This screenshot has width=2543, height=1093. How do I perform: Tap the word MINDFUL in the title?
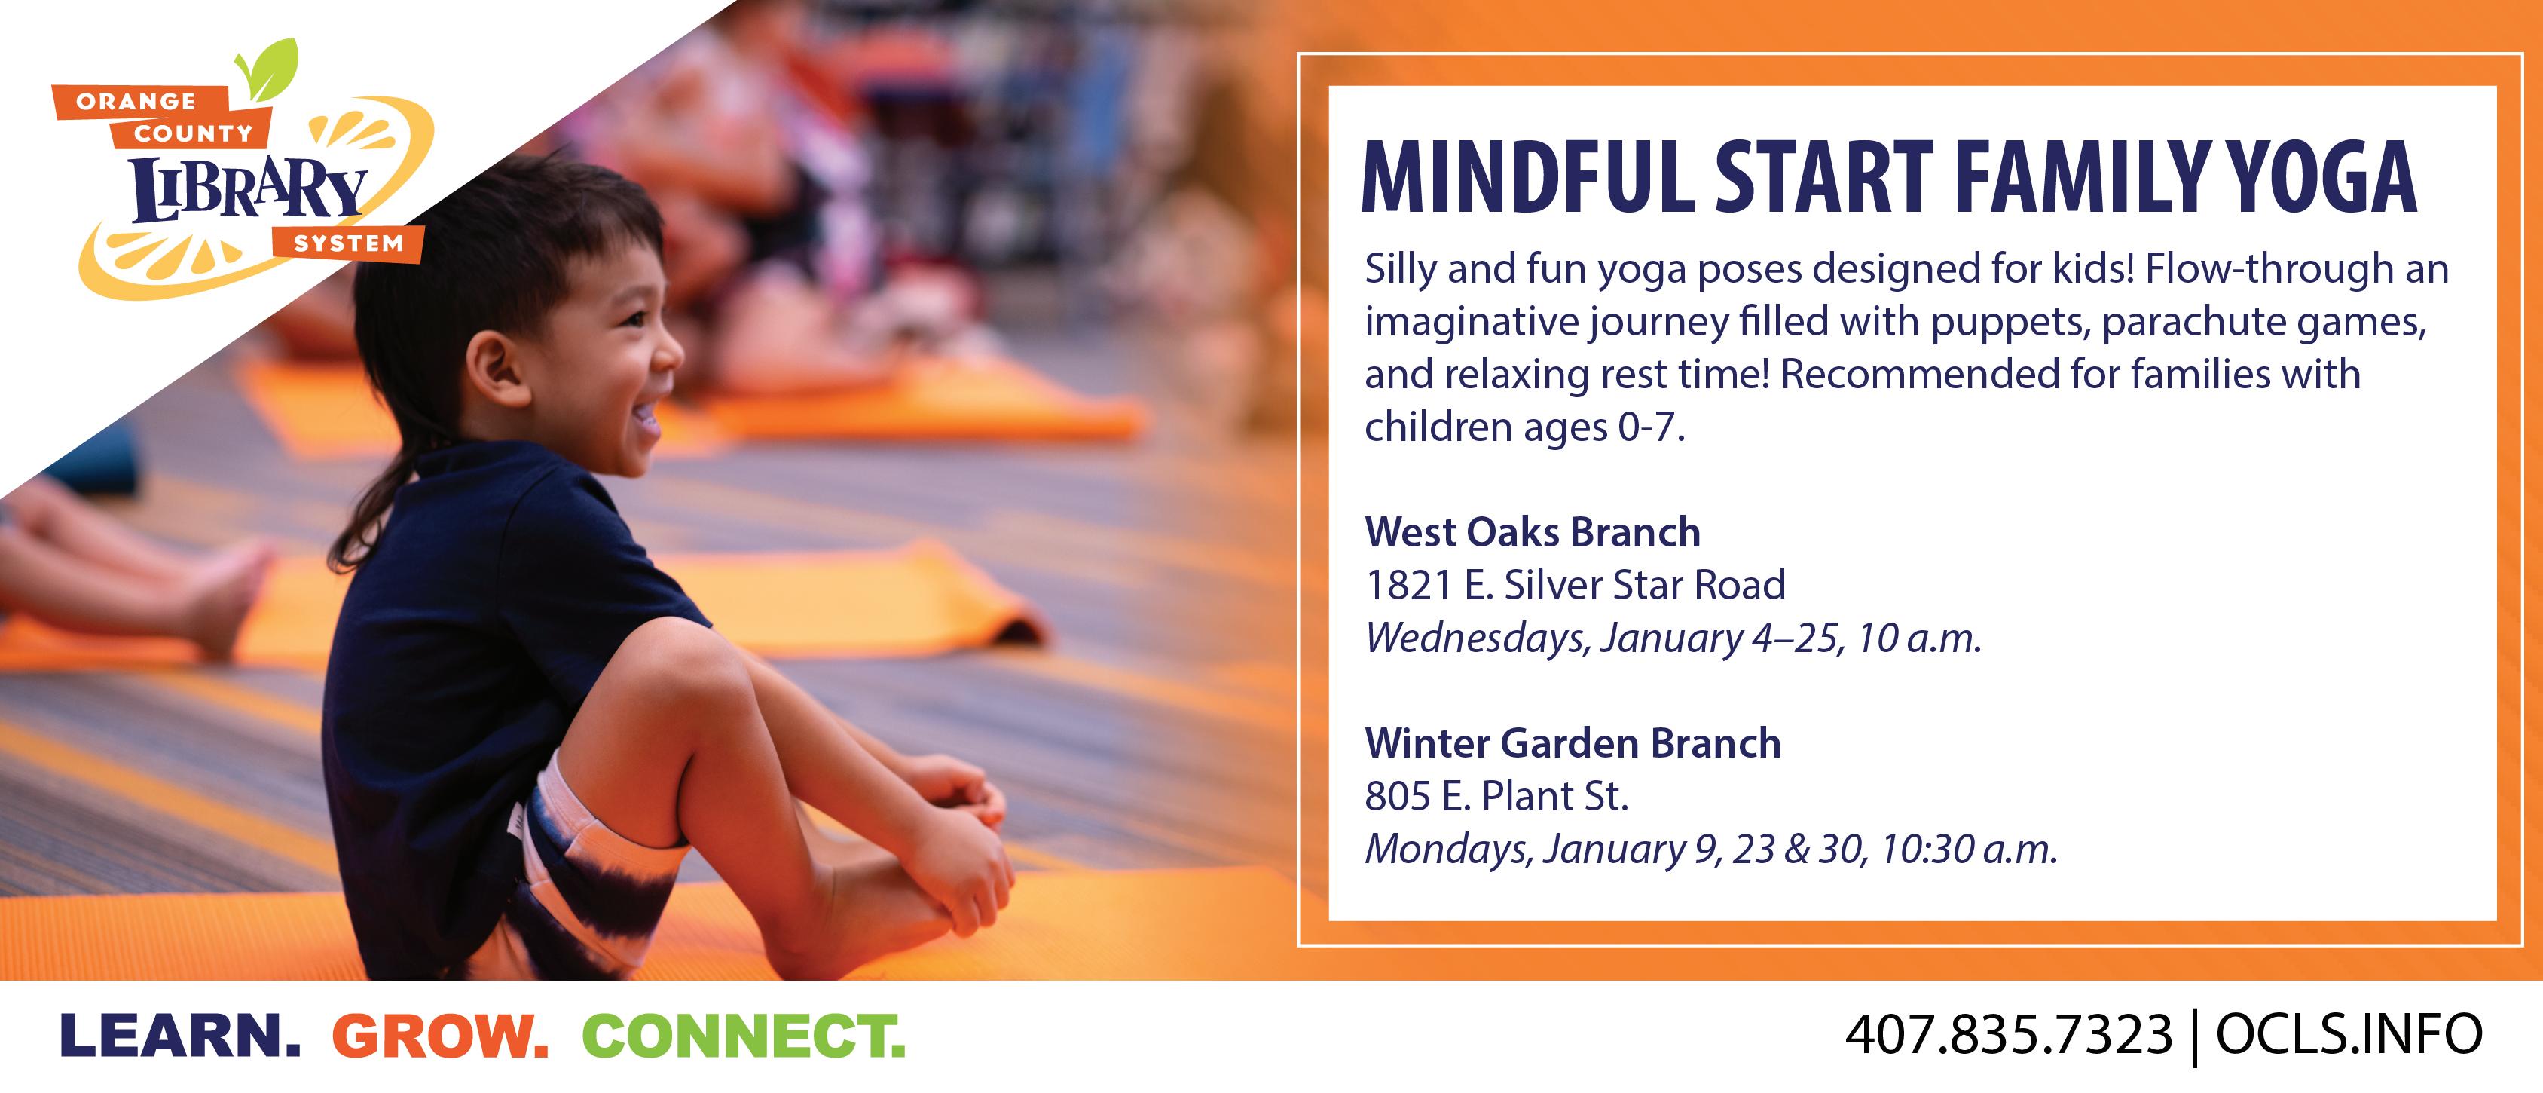[x=1527, y=178]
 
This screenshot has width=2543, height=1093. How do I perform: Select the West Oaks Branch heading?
[x=1532, y=532]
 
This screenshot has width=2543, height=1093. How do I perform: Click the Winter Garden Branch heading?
[x=1573, y=742]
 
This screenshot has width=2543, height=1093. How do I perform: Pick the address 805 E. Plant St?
[x=1496, y=796]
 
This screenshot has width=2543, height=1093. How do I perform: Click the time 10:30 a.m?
[x=1968, y=849]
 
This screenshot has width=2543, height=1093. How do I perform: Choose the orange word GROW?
[x=440, y=1036]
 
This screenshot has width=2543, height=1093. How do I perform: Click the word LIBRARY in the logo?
[x=249, y=189]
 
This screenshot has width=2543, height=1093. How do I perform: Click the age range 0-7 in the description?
[x=1648, y=427]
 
